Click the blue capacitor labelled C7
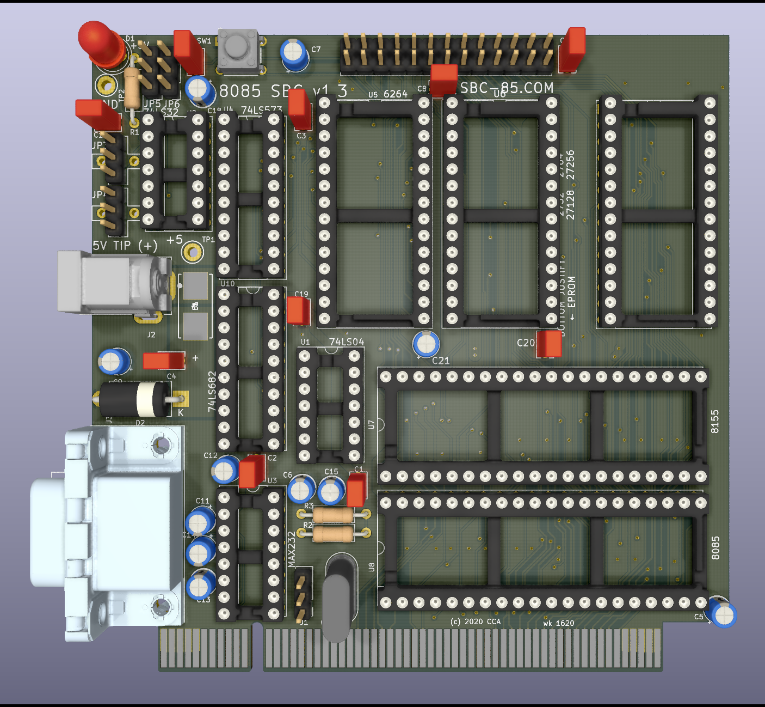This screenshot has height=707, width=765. (x=295, y=54)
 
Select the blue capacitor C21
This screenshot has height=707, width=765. (x=426, y=344)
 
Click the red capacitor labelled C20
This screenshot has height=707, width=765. (x=549, y=344)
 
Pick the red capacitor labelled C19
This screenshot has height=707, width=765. (x=298, y=311)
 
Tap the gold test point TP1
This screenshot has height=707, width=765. (x=193, y=252)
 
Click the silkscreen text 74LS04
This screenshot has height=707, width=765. (x=347, y=342)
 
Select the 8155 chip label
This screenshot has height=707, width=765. (x=715, y=422)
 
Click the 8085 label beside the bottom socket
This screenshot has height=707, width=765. (x=715, y=548)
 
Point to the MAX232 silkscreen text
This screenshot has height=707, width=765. (x=291, y=549)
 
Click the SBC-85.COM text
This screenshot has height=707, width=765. (x=507, y=88)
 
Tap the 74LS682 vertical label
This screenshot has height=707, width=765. (x=212, y=391)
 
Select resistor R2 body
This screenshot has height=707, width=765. (x=334, y=534)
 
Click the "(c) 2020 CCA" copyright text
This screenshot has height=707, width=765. (x=476, y=621)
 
